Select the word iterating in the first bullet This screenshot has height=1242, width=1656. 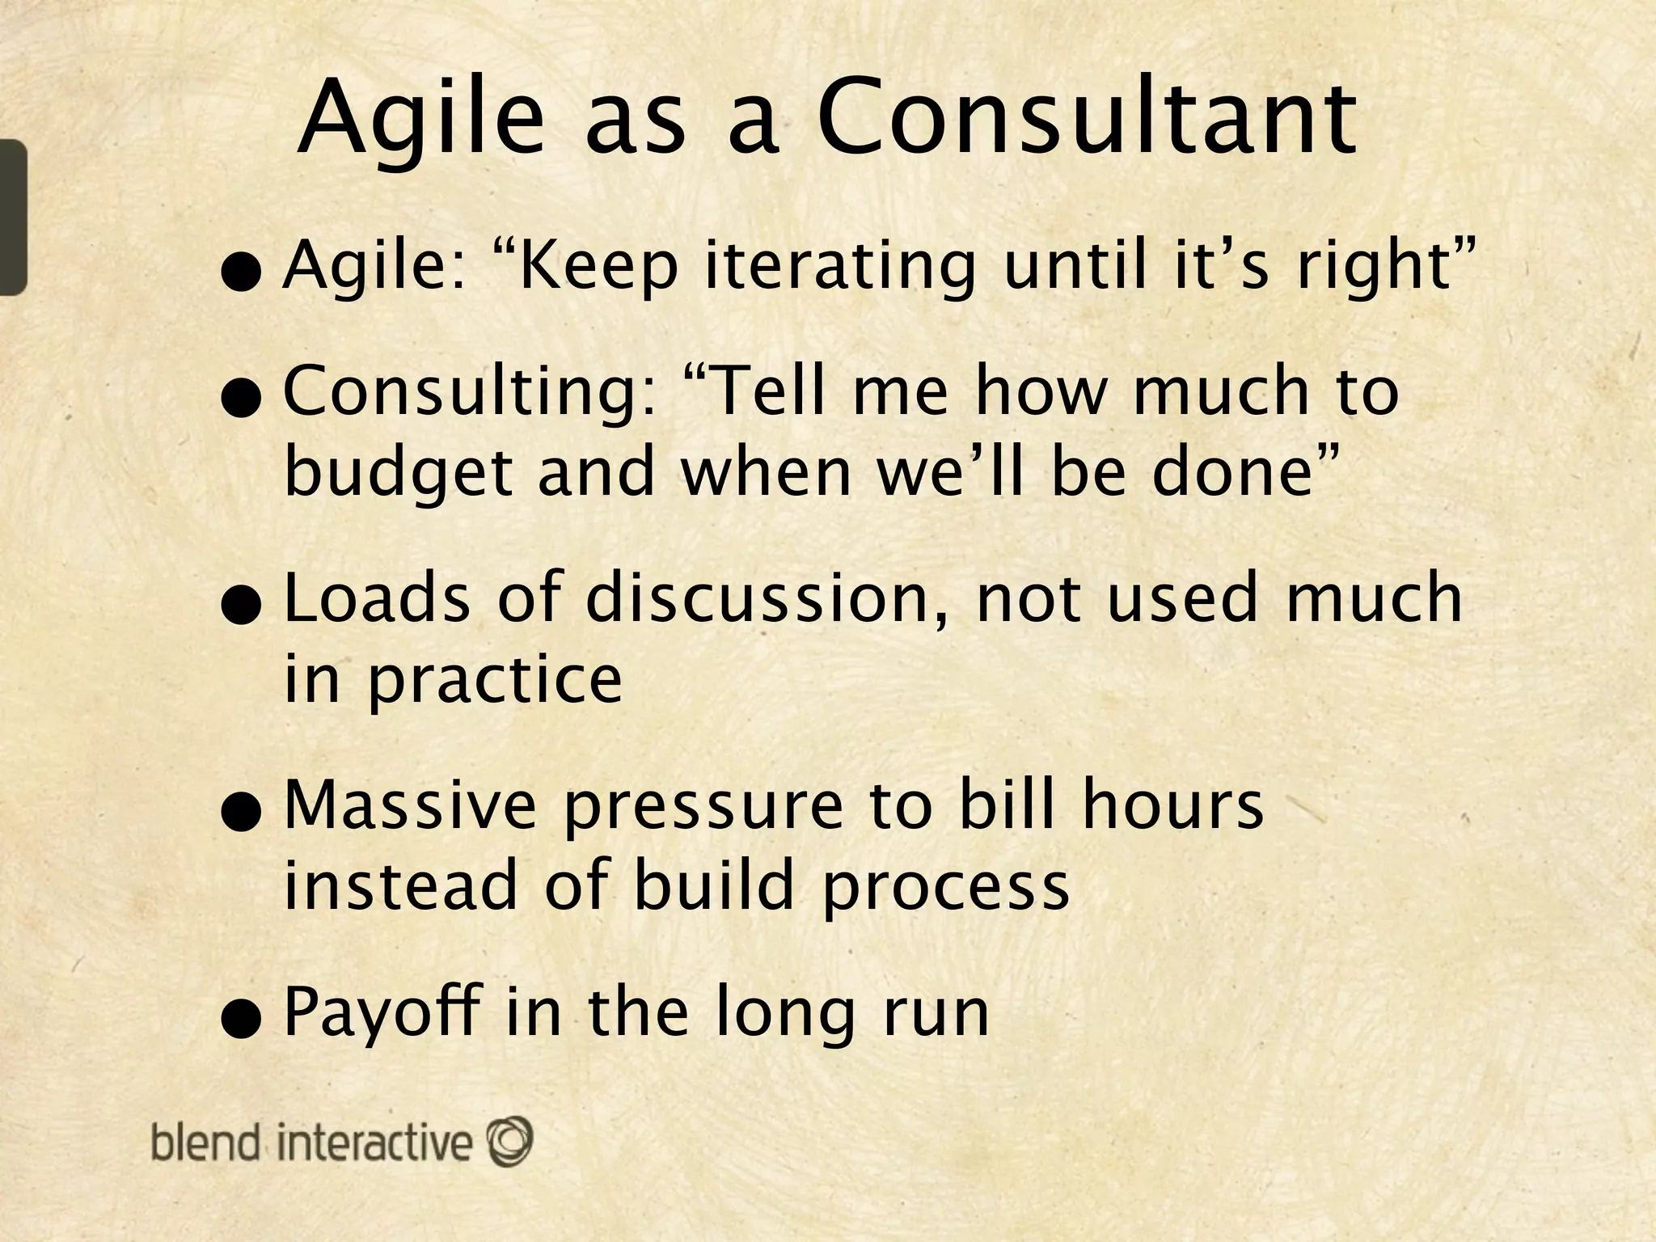pyautogui.click(x=840, y=267)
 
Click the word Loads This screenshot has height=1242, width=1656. pyautogui.click(x=377, y=598)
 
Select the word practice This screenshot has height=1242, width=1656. pyautogui.click(x=495, y=681)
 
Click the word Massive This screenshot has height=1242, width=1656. pyautogui.click(x=410, y=806)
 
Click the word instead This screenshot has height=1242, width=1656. pyautogui.click(x=399, y=886)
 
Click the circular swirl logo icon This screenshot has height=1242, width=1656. pyautogui.click(x=509, y=1140)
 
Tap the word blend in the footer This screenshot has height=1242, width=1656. pyautogui.click(x=205, y=1143)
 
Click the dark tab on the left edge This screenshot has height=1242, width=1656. pyautogui.click(x=13, y=217)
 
